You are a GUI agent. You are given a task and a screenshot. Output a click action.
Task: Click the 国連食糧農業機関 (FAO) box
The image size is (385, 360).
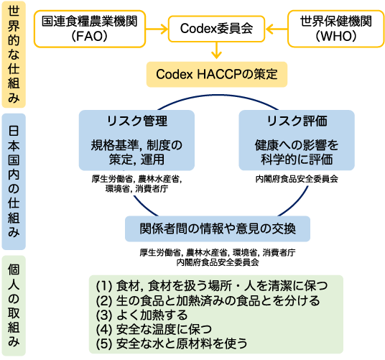pyautogui.click(x=90, y=29)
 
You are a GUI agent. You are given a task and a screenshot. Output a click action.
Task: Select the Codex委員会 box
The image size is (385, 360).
pyautogui.click(x=216, y=29)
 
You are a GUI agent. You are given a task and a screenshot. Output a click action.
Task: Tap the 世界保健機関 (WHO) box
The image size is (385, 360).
pyautogui.click(x=336, y=29)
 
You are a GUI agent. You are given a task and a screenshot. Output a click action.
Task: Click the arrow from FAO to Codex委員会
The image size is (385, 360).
pyautogui.click(x=157, y=29)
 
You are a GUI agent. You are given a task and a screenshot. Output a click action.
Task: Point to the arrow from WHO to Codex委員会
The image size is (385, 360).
pyautogui.click(x=277, y=29)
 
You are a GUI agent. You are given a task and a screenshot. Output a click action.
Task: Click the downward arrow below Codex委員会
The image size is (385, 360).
pyautogui.click(x=216, y=50)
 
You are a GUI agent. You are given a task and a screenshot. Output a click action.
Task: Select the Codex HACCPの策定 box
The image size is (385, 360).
pyautogui.click(x=217, y=75)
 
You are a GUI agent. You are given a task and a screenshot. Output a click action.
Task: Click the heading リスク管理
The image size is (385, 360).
pyautogui.click(x=137, y=121)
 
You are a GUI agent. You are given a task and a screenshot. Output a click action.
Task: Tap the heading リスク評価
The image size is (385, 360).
pyautogui.click(x=297, y=121)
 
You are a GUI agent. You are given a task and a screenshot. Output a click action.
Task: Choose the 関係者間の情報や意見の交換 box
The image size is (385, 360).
pyautogui.click(x=218, y=229)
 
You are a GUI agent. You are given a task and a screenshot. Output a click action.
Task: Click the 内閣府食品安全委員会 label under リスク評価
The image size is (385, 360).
pyautogui.click(x=297, y=179)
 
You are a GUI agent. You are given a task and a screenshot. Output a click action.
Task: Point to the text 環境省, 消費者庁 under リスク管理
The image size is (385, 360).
pyautogui.click(x=136, y=189)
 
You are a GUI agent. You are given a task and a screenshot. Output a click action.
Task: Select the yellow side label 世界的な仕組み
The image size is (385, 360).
pyautogui.click(x=14, y=55)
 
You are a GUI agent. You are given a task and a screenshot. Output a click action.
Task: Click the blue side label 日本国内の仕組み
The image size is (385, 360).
pyautogui.click(x=14, y=182)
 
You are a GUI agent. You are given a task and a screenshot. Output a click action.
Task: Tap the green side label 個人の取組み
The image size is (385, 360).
pyautogui.click(x=14, y=305)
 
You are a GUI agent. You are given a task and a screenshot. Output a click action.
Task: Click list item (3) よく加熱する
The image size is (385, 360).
pyautogui.click(x=142, y=315)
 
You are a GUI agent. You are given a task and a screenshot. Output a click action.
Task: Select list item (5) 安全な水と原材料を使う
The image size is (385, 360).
pyautogui.click(x=172, y=343)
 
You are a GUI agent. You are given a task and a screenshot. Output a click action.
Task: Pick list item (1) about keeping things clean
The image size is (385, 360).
pyautogui.click(x=212, y=285)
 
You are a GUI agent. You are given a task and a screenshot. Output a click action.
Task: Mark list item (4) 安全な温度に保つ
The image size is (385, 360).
pyautogui.click(x=154, y=329)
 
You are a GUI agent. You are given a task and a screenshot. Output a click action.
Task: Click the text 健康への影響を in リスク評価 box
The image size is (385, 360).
pyautogui.click(x=297, y=145)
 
